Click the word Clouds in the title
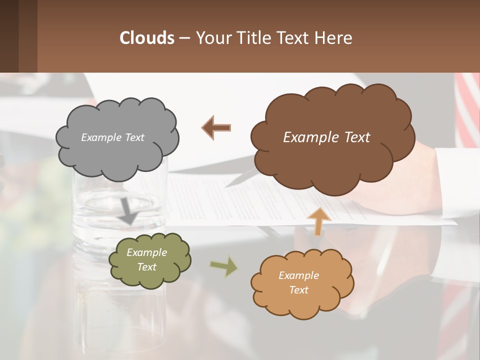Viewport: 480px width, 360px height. [x=147, y=38]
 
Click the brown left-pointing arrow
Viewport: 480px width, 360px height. [x=216, y=127]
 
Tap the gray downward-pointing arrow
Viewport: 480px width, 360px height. [x=128, y=211]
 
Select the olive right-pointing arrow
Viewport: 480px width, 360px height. [x=224, y=266]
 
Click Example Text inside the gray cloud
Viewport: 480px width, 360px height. [x=112, y=137]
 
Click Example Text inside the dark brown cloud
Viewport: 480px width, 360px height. [x=326, y=137]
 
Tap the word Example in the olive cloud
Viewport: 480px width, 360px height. [x=146, y=252]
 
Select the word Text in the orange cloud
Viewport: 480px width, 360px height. [x=298, y=290]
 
